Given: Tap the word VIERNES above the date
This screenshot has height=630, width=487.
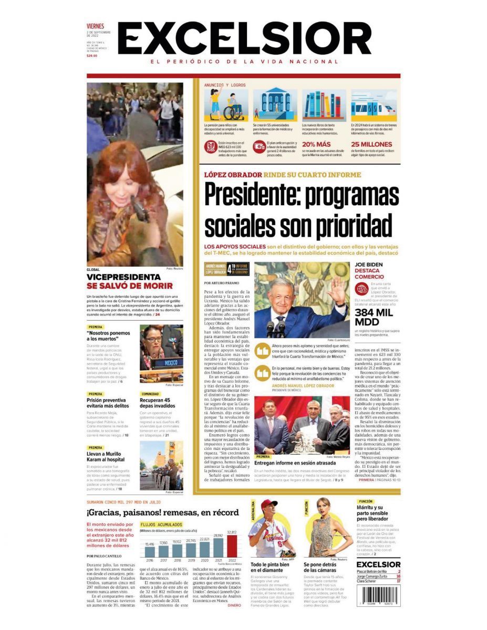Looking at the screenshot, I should [x=96, y=26].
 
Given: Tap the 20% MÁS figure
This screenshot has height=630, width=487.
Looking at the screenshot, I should [x=317, y=144].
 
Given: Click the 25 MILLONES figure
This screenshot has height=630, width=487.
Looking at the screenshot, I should [x=371, y=144].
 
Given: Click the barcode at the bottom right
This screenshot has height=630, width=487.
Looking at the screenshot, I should [x=379, y=596].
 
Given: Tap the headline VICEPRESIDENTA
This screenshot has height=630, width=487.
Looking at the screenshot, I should [x=123, y=277].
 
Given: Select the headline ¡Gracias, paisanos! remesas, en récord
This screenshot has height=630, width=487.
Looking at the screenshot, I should [x=163, y=513].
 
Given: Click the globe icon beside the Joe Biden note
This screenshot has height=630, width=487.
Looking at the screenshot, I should [x=361, y=288].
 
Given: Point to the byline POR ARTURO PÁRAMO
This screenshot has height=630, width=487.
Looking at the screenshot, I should [x=222, y=283].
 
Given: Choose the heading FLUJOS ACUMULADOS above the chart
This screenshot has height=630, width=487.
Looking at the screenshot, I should [x=162, y=524].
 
